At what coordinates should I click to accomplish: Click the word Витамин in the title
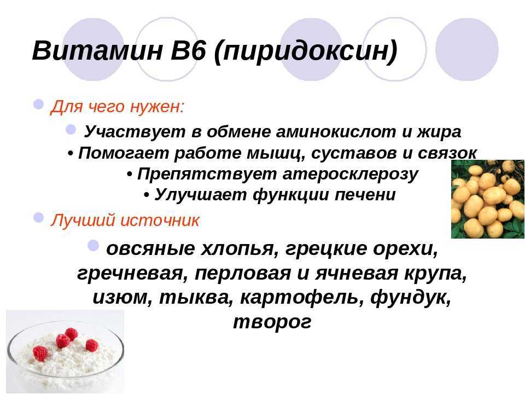pyautogui.click(x=97, y=50)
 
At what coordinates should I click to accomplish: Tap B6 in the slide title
pyautogui.click(x=188, y=50)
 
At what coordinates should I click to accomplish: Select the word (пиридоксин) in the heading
pyautogui.click(x=305, y=51)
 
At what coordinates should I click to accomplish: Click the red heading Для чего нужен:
pyautogui.click(x=117, y=107)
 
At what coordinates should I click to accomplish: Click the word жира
pyautogui.click(x=439, y=132)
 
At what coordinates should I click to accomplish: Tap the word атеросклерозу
pyautogui.click(x=350, y=175)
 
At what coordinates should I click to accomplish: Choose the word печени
pyautogui.click(x=365, y=195)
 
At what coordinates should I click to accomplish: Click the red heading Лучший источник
pyautogui.click(x=125, y=220)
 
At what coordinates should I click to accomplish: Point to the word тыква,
pyautogui.click(x=196, y=298)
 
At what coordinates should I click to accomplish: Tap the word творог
pyautogui.click(x=272, y=322)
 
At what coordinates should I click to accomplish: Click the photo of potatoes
pyautogui.click(x=488, y=199)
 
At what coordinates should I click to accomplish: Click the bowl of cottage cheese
pyautogui.click(x=65, y=356)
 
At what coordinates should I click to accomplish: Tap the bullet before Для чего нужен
pyautogui.click(x=38, y=104)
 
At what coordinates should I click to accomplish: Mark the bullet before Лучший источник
pyautogui.click(x=38, y=218)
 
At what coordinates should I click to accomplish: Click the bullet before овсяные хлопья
pyautogui.click(x=94, y=246)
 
